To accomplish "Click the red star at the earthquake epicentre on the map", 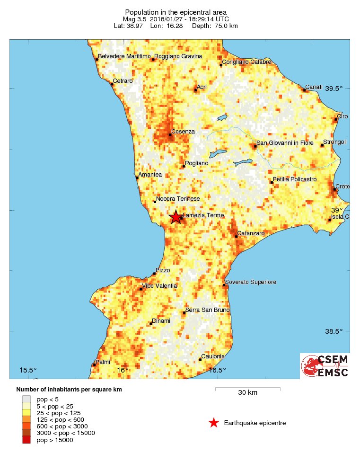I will coord(176,217).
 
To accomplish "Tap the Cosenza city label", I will coord(183,131).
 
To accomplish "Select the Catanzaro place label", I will coord(251,233).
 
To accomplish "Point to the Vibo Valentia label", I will coord(160,285).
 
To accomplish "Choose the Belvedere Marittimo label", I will coord(124,56).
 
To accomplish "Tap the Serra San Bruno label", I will coord(207,310).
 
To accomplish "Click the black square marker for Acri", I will coord(195,90).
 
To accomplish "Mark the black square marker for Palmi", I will coord(94,364).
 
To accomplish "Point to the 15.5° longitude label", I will coord(28,370).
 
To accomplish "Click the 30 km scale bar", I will coord(247,389).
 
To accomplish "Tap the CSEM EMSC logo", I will coord(325,366).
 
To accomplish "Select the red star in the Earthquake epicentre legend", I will coord(214,423).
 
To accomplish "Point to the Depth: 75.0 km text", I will coord(215,26).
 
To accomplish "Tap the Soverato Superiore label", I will coord(251,282).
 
